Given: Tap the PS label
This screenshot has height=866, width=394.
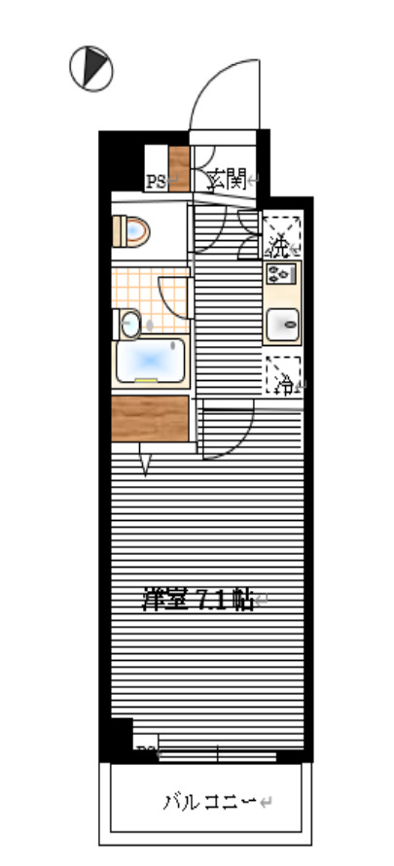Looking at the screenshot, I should point(154,181).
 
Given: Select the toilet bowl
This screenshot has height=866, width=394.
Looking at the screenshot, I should point(133,231).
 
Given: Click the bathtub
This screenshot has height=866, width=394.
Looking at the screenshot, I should point(151,362).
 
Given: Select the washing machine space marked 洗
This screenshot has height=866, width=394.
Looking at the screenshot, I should point(281,237).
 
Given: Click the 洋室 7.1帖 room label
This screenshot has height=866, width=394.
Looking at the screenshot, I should point(198,600).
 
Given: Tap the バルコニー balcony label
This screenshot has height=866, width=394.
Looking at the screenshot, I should point(208,802).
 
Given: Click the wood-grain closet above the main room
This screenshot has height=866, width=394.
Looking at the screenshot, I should point(149,418).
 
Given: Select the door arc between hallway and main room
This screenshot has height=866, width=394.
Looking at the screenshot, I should point(230,433).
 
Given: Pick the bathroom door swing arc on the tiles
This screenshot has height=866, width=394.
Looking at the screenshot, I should point(173,296).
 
